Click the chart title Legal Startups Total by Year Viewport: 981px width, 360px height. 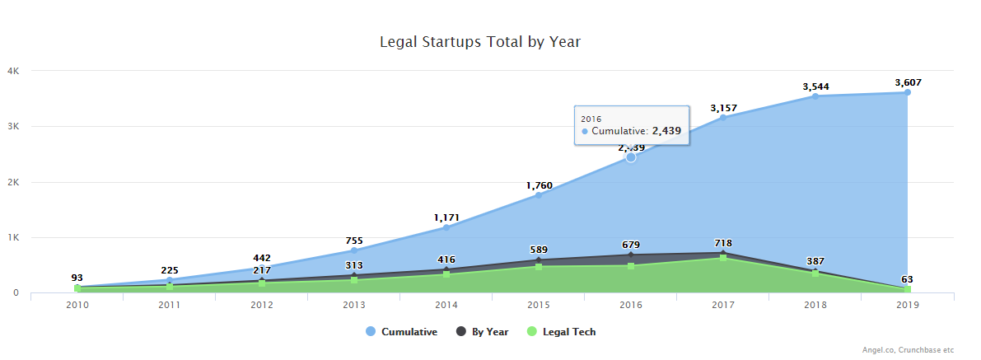(x=480, y=41)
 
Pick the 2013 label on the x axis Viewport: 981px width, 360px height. (x=354, y=305)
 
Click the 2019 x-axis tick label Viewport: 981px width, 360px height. (x=908, y=305)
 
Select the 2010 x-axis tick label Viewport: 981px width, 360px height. (x=77, y=305)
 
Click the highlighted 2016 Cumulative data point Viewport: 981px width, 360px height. (x=631, y=157)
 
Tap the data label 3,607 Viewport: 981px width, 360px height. (x=908, y=82)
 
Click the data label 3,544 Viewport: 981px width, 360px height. (x=815, y=86)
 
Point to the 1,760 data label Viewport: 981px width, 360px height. (x=539, y=185)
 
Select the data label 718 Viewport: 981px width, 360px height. (x=723, y=243)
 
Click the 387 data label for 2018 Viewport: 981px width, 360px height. (x=815, y=261)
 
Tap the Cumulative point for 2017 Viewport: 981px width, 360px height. (x=723, y=118)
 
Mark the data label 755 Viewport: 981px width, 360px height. (x=354, y=241)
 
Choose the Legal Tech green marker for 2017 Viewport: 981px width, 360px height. (x=723, y=258)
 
